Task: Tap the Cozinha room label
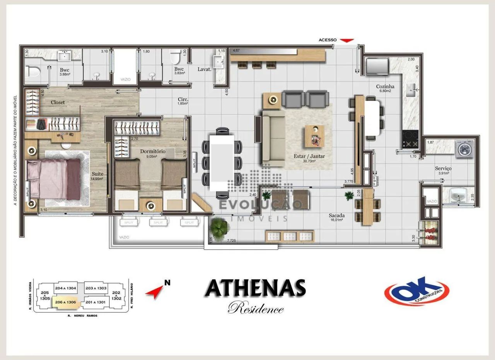click(x=385, y=86)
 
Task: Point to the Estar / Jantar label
click(x=309, y=156)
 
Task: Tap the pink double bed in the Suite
click(x=54, y=178)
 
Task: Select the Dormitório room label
click(x=153, y=151)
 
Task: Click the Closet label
click(x=58, y=103)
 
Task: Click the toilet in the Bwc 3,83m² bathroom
click(x=175, y=58)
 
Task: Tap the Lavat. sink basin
click(x=219, y=62)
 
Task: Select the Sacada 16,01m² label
click(x=337, y=215)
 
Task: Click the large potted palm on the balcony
click(x=219, y=227)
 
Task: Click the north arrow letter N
click(x=167, y=283)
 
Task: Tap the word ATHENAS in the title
click(x=255, y=288)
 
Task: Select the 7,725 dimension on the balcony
click(x=231, y=241)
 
